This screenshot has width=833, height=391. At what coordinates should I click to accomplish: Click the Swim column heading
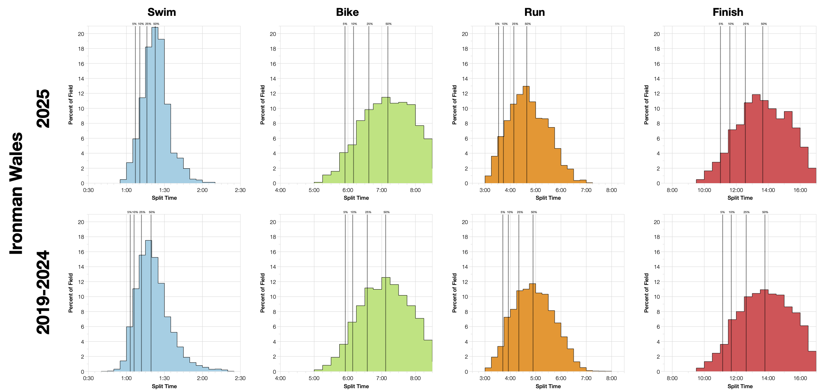[161, 12]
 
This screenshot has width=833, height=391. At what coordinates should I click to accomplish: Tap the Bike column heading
[347, 12]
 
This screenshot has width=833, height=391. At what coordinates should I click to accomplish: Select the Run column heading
[534, 12]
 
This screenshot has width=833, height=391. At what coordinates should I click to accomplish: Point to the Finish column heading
[728, 12]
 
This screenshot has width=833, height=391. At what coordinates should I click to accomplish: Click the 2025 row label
[43, 108]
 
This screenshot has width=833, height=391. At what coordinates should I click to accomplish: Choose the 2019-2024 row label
[43, 292]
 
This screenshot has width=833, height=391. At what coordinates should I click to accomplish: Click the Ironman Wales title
[16, 193]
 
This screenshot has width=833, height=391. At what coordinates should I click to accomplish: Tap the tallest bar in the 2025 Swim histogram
[155, 105]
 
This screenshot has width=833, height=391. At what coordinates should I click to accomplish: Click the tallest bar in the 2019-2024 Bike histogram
[386, 324]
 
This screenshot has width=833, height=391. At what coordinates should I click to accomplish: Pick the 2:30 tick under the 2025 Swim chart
[240, 190]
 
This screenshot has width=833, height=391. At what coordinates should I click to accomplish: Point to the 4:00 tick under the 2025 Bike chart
[280, 190]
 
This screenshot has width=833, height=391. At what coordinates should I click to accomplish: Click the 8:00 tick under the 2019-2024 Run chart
[611, 378]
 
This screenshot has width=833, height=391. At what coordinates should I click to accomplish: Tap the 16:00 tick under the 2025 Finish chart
[800, 190]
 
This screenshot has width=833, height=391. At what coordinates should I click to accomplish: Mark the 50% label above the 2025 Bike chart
[388, 24]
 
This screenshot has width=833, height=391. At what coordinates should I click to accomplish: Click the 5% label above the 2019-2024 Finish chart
[722, 212]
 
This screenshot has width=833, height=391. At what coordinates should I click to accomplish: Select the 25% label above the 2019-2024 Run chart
[520, 212]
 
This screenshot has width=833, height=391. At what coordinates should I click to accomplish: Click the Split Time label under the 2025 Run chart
[548, 198]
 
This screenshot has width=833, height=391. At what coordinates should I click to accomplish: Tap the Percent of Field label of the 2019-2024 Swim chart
[71, 293]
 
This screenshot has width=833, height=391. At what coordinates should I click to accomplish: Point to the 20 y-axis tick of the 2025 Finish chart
[656, 34]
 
